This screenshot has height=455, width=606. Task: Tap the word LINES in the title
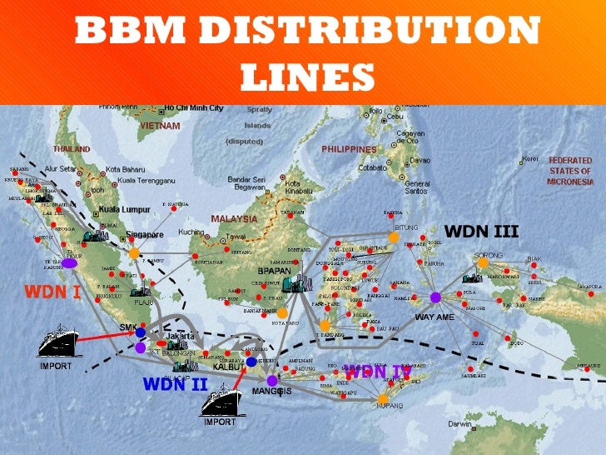pyautogui.click(x=303, y=77)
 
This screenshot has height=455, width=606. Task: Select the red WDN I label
pyautogui.click(x=52, y=292)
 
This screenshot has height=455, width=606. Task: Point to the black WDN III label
pyautogui.click(x=481, y=230)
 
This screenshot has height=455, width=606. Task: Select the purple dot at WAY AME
pyautogui.click(x=435, y=297)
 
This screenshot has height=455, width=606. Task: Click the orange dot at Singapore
pyautogui.click(x=134, y=252)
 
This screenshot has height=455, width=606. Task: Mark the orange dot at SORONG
pyautogui.click(x=482, y=262)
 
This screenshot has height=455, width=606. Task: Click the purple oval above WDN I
pyautogui.click(x=70, y=263)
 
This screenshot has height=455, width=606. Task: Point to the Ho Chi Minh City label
pyautogui.click(x=193, y=108)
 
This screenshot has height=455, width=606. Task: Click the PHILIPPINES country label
pyautogui.click(x=349, y=149)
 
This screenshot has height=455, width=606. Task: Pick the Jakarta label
pyautogui.click(x=180, y=337)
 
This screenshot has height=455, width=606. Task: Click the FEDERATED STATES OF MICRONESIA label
pyautogui.click(x=570, y=170)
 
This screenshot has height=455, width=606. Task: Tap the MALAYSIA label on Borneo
pyautogui.click(x=234, y=218)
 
